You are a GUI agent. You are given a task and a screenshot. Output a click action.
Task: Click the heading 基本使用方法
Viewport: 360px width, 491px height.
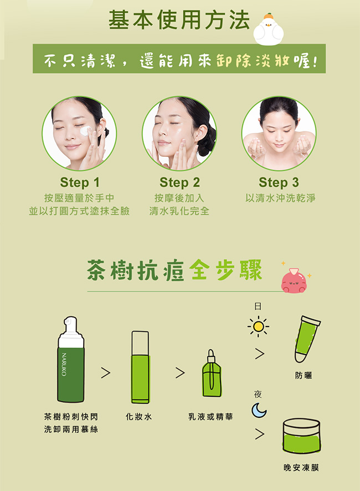(179, 20)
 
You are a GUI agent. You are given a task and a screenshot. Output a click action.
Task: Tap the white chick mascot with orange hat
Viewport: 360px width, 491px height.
(268, 30)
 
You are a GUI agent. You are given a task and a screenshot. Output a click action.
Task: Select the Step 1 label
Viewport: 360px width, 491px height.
(80, 182)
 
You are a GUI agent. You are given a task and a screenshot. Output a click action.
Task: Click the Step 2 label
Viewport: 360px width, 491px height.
(179, 182)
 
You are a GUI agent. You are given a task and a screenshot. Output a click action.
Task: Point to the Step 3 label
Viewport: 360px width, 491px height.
(279, 182)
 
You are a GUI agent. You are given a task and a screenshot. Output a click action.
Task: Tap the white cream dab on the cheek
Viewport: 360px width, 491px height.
(85, 131)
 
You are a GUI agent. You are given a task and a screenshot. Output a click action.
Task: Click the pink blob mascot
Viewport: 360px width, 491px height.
(294, 280)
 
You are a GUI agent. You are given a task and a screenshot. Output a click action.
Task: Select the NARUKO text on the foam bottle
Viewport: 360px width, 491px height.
(64, 364)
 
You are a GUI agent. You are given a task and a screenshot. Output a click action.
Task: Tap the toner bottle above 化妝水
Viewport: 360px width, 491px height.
(140, 367)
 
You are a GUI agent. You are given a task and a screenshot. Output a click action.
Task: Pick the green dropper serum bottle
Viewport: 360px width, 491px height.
(212, 374)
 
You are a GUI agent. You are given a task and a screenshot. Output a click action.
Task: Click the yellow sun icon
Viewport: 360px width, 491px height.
(258, 326)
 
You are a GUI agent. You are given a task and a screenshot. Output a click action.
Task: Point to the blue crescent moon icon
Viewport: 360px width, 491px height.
(259, 410)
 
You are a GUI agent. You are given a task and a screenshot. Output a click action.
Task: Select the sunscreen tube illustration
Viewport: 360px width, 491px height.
(306, 339)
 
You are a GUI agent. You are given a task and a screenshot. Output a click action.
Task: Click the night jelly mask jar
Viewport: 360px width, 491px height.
(301, 436)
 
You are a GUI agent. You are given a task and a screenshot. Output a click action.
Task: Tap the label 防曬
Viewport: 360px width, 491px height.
(304, 375)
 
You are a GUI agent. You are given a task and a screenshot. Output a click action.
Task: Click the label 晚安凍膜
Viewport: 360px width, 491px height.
(301, 468)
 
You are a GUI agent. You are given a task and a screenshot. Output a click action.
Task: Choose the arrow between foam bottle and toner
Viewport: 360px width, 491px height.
(105, 372)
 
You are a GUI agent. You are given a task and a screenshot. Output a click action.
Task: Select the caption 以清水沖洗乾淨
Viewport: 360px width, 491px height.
(280, 198)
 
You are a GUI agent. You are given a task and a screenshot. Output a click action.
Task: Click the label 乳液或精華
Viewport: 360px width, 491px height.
(210, 417)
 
